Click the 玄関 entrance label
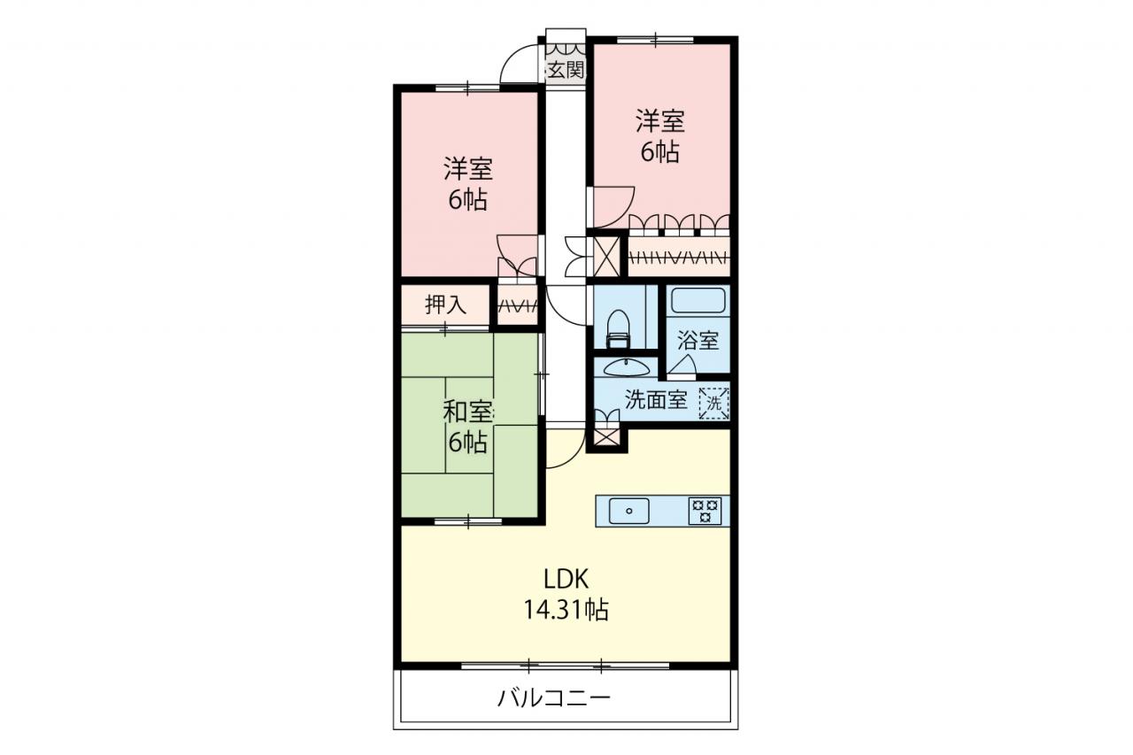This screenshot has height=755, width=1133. point(566,71)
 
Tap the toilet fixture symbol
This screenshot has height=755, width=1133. point(617,328)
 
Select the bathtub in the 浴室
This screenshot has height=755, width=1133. point(698,301)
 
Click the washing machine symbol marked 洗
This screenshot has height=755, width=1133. point(713,403)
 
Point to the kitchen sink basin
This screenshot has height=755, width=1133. point(629,511)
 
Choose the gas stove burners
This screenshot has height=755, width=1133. point(705,511)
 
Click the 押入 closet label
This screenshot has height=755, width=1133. point(445,304)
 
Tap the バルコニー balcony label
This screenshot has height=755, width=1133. point(554,699)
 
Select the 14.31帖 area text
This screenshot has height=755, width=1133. point(566,610)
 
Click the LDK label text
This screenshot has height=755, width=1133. point(566,580)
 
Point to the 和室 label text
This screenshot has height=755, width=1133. point(468,412)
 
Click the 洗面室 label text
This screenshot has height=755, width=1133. point(656,400)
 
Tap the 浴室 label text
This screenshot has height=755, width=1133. point(698,341)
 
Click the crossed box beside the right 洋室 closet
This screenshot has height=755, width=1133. point(606,256)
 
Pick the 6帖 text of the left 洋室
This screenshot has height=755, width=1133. point(468,200)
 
